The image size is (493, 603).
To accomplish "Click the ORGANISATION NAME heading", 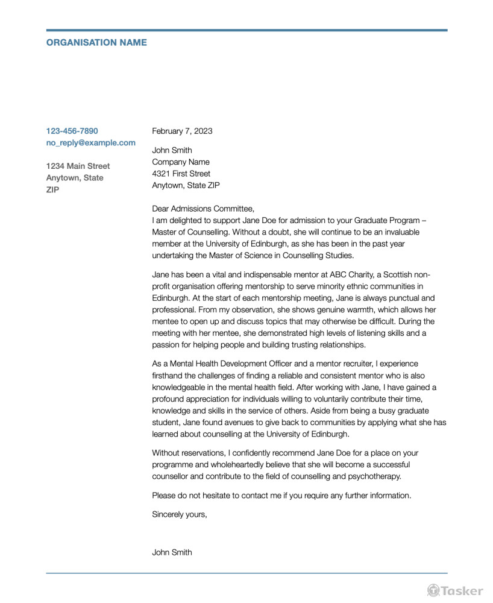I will [x=96, y=43].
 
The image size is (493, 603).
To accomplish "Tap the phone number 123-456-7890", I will [x=72, y=131].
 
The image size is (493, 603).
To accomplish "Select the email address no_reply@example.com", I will [x=91, y=143].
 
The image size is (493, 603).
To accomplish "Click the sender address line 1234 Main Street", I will [x=78, y=166].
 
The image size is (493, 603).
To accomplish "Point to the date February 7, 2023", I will [x=182, y=131].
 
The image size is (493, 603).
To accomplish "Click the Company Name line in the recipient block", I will [x=181, y=162].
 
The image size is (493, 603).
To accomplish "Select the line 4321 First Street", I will [x=181, y=174].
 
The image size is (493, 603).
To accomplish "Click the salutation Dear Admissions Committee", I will [x=199, y=209].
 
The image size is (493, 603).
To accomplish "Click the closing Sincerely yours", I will [x=180, y=514].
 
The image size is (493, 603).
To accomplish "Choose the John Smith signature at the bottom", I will [x=172, y=552].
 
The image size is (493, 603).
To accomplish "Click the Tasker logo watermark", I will [x=455, y=590].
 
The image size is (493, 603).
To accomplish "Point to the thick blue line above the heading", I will [x=246, y=30].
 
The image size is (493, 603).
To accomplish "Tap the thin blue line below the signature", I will [x=246, y=573].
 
